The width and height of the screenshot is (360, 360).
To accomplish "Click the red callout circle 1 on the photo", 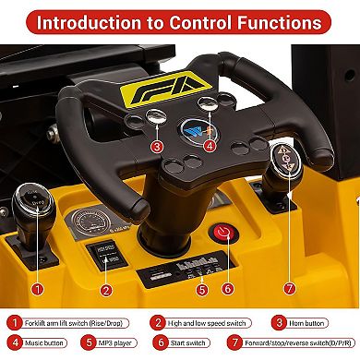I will point(37,288).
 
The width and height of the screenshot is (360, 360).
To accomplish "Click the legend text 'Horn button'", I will point(309,323).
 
